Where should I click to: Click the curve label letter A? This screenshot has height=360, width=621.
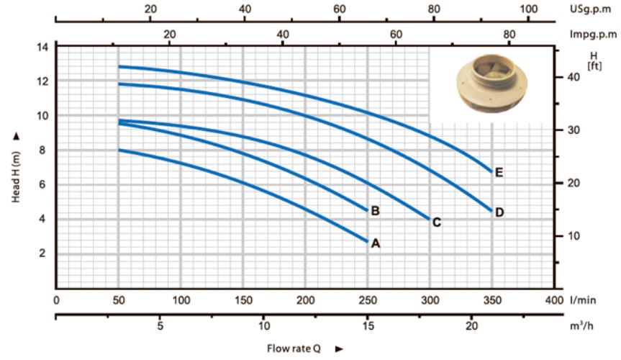pyautogui.click(x=376, y=243)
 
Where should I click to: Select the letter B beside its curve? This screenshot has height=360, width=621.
pyautogui.click(x=375, y=211)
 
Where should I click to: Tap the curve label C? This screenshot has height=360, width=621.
pyautogui.click(x=437, y=222)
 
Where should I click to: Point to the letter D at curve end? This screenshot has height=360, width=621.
pyautogui.click(x=499, y=212)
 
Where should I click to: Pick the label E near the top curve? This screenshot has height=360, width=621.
pyautogui.click(x=499, y=173)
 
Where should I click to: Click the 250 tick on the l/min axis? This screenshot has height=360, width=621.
pyautogui.click(x=368, y=300)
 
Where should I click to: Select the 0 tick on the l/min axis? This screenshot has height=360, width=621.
pyautogui.click(x=56, y=300)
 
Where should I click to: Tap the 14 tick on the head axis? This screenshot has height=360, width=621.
pyautogui.click(x=42, y=48)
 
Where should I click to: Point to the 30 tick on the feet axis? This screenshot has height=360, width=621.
pyautogui.click(x=574, y=130)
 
